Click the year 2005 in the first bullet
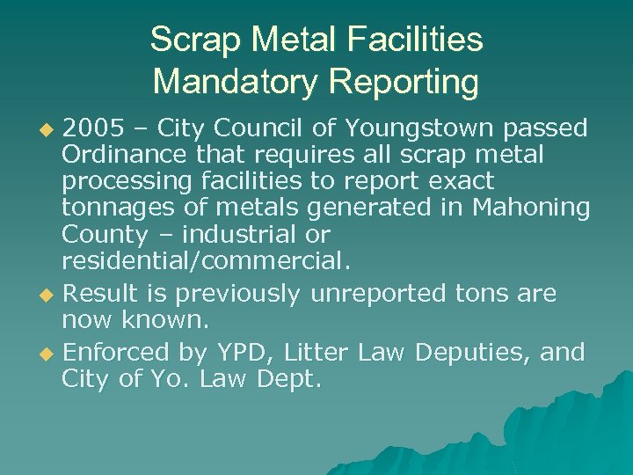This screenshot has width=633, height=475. tap(94, 128)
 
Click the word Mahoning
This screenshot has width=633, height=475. tap(531, 208)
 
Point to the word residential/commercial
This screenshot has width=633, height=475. tap(206, 262)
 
